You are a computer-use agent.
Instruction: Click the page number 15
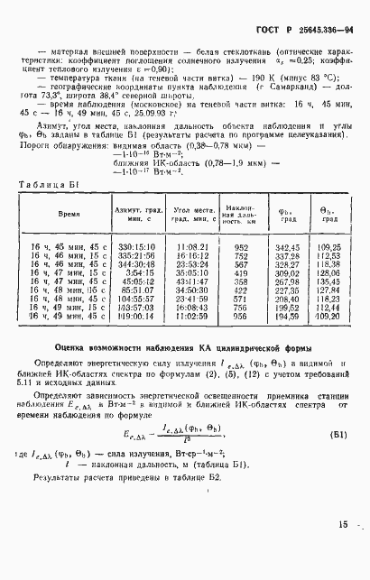click(x=344, y=549)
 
